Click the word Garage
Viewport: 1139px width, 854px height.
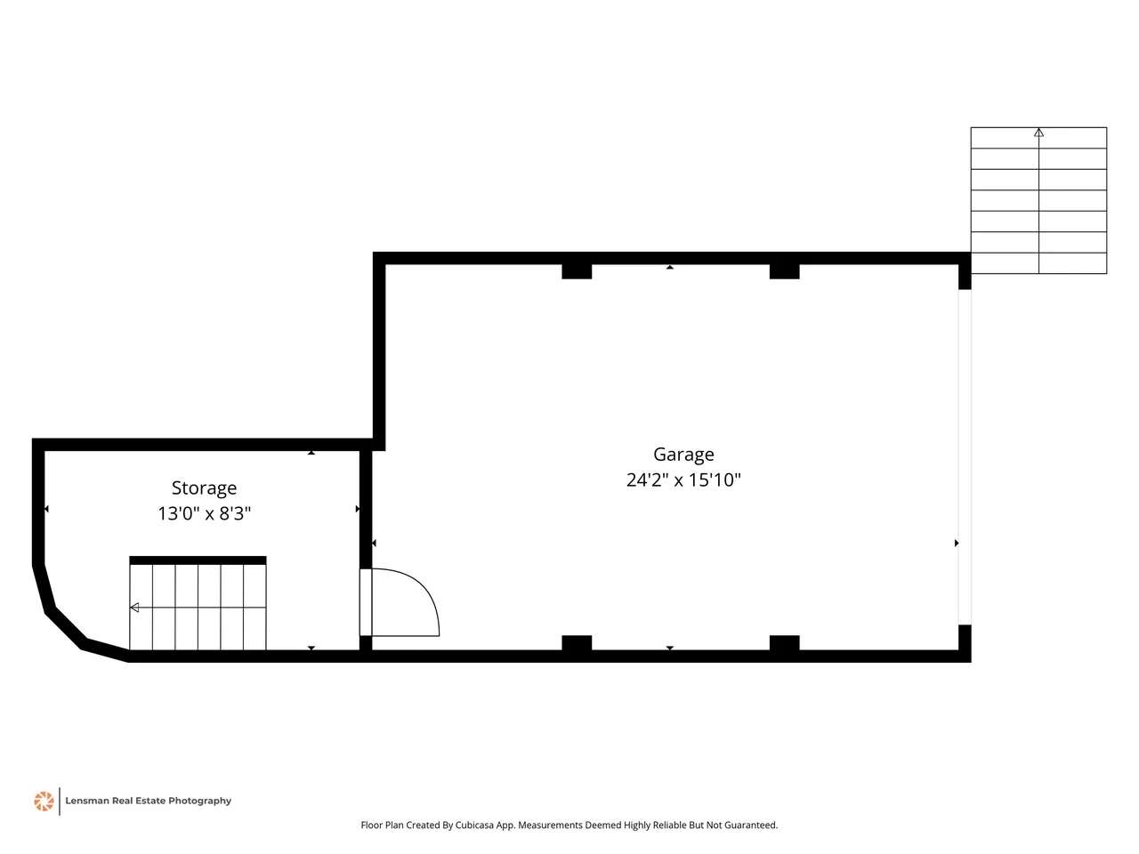(x=683, y=455)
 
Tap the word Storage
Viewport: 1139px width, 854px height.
(x=204, y=488)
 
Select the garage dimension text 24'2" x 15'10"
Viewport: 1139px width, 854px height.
(x=683, y=480)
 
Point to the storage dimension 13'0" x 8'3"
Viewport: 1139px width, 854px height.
(x=204, y=514)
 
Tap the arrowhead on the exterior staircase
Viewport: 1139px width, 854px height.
(x=1038, y=133)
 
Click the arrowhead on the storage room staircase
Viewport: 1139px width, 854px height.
(x=134, y=608)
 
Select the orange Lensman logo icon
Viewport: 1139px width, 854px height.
(x=44, y=802)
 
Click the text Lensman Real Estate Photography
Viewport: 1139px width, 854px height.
(x=149, y=801)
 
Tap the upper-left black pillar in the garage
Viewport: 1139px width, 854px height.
(x=577, y=271)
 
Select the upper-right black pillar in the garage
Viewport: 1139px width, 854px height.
(x=784, y=271)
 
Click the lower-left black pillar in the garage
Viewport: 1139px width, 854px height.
(x=577, y=643)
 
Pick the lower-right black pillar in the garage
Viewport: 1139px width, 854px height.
(x=784, y=643)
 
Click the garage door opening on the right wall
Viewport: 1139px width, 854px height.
(x=965, y=457)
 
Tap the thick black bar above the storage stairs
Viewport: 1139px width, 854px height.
(x=198, y=560)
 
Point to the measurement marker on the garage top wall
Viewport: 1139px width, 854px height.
(x=670, y=267)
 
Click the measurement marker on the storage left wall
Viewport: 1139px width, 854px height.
(x=46, y=509)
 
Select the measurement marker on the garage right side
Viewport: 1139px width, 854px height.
(x=957, y=543)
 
